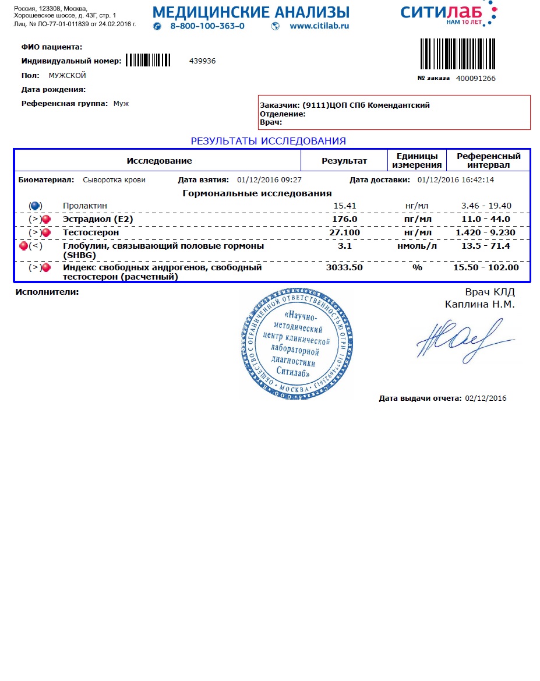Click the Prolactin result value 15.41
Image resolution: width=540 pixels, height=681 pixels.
tap(344, 206)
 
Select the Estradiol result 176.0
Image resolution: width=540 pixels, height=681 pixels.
tap(344, 219)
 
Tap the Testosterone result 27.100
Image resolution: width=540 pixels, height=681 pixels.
tap(344, 232)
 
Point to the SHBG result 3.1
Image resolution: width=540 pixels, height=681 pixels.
tap(344, 246)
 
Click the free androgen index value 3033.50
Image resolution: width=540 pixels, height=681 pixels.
tap(344, 267)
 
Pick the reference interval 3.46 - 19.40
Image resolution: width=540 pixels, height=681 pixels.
tap(486, 206)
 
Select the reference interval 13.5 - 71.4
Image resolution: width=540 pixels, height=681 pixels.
tap(486, 246)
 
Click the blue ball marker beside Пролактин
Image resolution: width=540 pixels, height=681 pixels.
tap(35, 206)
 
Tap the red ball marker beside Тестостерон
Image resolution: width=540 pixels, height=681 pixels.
tap(46, 233)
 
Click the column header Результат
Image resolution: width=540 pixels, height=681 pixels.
tap(344, 161)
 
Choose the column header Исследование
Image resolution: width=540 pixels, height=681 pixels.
tap(159, 161)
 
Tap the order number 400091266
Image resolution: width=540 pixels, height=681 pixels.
tap(475, 78)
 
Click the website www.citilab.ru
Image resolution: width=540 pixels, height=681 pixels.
tap(319, 26)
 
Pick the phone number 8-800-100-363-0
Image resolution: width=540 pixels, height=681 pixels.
tap(207, 26)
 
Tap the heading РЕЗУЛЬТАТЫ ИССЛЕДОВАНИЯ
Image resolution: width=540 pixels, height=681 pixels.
tap(269, 141)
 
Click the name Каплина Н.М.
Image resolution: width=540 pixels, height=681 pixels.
tap(479, 304)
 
